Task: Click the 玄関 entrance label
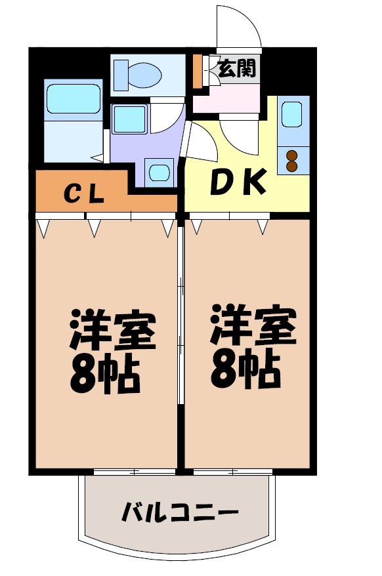tap(236, 68)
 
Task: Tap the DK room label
tap(238, 183)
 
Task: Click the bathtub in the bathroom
tap(73, 99)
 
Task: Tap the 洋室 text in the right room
tap(253, 327)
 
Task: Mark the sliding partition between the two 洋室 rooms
tap(180, 341)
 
